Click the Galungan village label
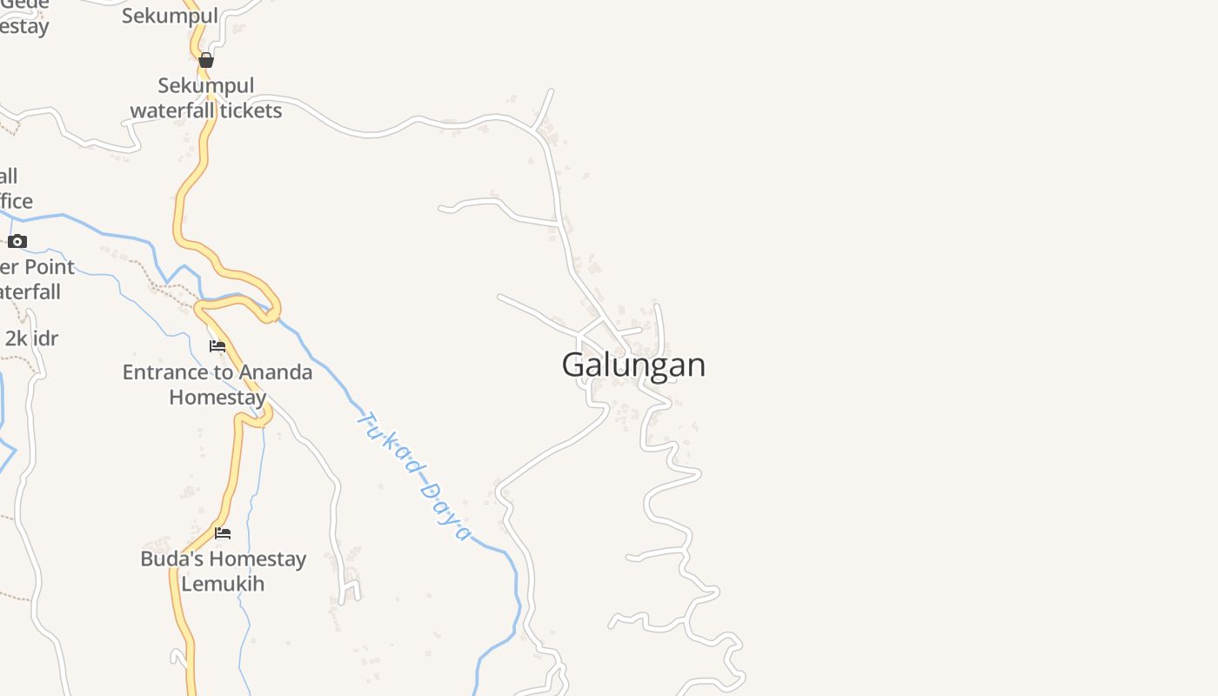point(633,365)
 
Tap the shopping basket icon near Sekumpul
point(206,60)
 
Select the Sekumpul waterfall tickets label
point(206,98)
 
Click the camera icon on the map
point(17,241)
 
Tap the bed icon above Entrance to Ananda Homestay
point(217,346)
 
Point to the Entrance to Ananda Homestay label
point(217,385)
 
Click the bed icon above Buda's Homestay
point(223,532)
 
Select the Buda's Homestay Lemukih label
point(223,571)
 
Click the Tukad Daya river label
point(414,475)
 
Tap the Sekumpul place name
point(170,16)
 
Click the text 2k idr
point(31,338)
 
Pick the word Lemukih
point(223,584)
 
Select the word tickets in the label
point(251,110)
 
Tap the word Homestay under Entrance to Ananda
point(217,398)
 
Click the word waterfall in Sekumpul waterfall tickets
point(171,110)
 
